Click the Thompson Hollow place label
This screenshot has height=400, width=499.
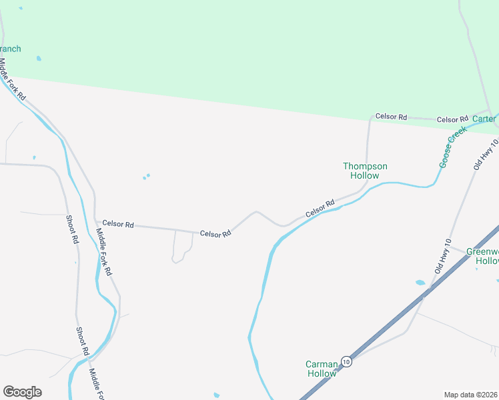click(x=365, y=171)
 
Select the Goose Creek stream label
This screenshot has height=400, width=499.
click(x=451, y=148)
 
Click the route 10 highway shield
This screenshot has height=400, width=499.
click(x=346, y=361)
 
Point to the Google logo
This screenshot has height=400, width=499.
click(x=22, y=392)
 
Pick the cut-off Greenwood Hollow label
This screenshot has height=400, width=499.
click(x=482, y=256)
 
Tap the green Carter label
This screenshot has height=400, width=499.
click(x=484, y=119)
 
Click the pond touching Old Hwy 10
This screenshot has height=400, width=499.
click(x=420, y=283)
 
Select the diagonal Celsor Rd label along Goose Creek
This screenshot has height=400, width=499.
click(x=320, y=208)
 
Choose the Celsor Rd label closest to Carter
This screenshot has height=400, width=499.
click(x=452, y=120)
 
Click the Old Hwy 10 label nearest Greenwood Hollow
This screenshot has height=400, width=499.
click(x=443, y=257)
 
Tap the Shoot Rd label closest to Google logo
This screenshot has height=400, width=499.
click(x=81, y=341)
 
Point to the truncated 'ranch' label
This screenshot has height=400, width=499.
click(x=11, y=49)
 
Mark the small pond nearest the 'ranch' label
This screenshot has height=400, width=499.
click(x=39, y=59)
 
